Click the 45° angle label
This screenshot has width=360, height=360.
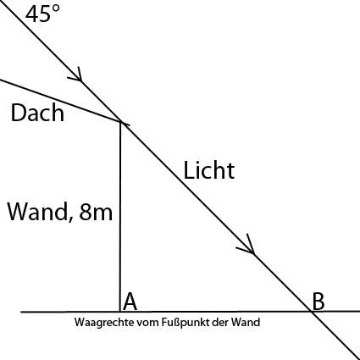pyautogui.click(x=42, y=14)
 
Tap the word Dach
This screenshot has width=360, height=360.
pyautogui.click(x=37, y=113)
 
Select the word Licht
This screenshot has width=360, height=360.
pyautogui.click(x=209, y=170)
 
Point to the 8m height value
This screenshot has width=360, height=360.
pyautogui.click(x=96, y=212)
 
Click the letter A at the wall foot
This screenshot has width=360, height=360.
pyautogui.click(x=130, y=302)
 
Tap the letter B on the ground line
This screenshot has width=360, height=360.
pyautogui.click(x=318, y=302)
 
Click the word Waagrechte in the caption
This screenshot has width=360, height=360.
pyautogui.click(x=104, y=323)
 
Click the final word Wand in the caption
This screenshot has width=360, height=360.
pyautogui.click(x=246, y=322)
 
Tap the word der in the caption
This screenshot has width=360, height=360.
pyautogui.click(x=220, y=323)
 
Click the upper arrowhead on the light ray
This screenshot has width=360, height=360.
pyautogui.click(x=77, y=75)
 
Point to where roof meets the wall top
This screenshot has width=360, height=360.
pyautogui.click(x=121, y=122)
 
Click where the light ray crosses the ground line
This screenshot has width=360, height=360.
pyautogui.click(x=311, y=312)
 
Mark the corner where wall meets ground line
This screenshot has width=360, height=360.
pyautogui.click(x=120, y=312)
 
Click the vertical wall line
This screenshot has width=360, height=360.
pyautogui.click(x=120, y=217)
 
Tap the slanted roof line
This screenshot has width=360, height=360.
pyautogui.click(x=60, y=101)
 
